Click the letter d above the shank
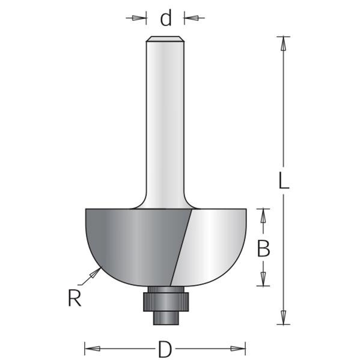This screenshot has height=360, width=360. (165, 18)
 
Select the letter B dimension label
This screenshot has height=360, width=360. (263, 248)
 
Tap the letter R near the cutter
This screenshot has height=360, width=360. (75, 297)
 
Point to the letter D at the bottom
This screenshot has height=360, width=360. (165, 349)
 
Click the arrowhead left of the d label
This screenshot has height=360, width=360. (139, 18)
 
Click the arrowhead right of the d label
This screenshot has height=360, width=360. (191, 17)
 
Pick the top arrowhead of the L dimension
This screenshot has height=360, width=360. (283, 44)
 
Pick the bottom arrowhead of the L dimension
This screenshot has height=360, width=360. (284, 317)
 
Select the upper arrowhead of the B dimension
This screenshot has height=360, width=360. (263, 216)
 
